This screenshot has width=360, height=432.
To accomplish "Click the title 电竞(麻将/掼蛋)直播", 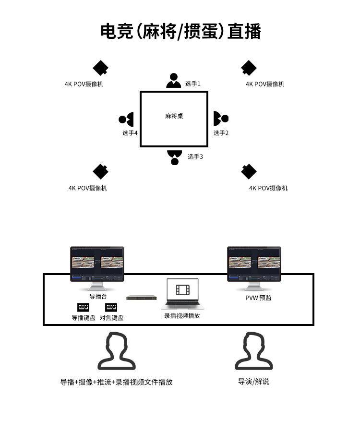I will click(x=180, y=32).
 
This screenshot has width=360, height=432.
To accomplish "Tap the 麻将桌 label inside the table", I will click(x=174, y=116).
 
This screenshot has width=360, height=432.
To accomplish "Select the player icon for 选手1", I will click(x=173, y=81).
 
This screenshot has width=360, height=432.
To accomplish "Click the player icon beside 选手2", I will click(x=220, y=118).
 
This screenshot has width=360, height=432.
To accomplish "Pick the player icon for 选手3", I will click(x=174, y=157).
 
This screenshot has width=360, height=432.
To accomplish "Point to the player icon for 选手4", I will click(x=126, y=119).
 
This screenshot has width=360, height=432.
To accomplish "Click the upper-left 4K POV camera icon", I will click(x=100, y=68).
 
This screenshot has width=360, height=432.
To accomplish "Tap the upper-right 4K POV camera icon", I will click(x=249, y=68).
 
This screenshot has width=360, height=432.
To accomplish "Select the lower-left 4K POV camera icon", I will click(x=100, y=171).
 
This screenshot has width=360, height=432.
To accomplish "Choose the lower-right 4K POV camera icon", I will click(x=249, y=171).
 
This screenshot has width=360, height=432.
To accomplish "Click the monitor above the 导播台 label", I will click(x=97, y=265).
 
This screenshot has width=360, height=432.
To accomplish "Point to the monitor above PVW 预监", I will click(x=254, y=265).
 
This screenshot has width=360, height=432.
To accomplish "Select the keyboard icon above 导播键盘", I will click(x=84, y=307).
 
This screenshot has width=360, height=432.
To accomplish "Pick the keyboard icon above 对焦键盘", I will click(x=111, y=307).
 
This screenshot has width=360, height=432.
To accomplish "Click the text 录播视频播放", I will click(x=182, y=316).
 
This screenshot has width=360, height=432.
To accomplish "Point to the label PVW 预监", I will click(x=258, y=298).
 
